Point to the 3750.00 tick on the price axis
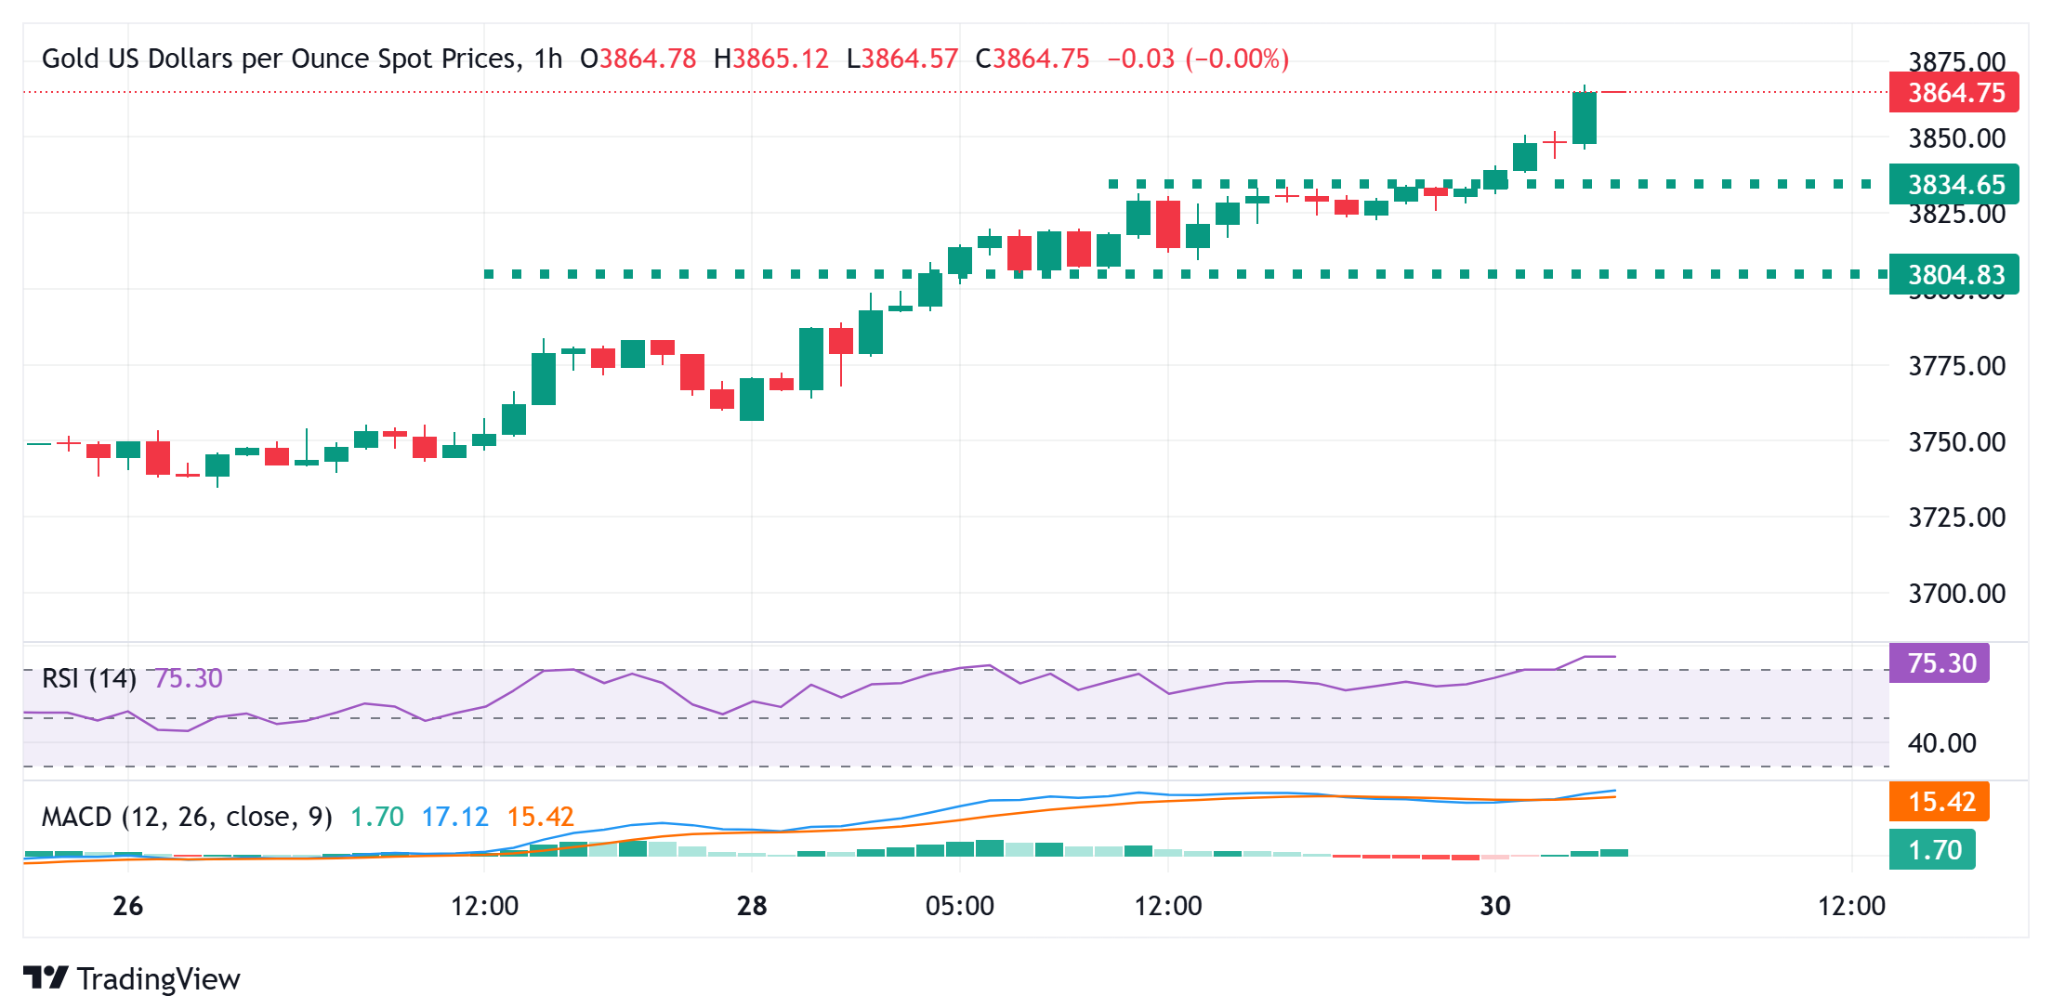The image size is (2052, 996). pyautogui.click(x=1956, y=442)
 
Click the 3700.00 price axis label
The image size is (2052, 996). pyautogui.click(x=1956, y=594)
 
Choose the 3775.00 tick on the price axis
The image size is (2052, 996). pyautogui.click(x=1956, y=366)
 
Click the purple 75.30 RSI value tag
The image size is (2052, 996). pyautogui.click(x=1940, y=663)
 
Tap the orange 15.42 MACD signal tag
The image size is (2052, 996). pyautogui.click(x=1940, y=802)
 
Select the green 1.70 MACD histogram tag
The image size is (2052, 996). pyautogui.click(x=1933, y=850)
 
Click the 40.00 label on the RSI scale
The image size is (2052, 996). pyautogui.click(x=1941, y=743)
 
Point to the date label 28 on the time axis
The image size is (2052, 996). pyautogui.click(x=751, y=906)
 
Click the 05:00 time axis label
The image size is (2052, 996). pyautogui.click(x=959, y=906)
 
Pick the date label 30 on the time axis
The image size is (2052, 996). pyautogui.click(x=1494, y=906)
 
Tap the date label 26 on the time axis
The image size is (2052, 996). pyautogui.click(x=127, y=906)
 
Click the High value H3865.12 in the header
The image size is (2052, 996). pyautogui.click(x=770, y=59)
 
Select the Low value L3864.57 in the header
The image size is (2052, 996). pyautogui.click(x=901, y=59)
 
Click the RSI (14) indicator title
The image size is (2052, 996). pyautogui.click(x=89, y=678)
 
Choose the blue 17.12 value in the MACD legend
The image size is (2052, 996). pyautogui.click(x=454, y=817)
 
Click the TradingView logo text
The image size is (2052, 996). pyautogui.click(x=158, y=979)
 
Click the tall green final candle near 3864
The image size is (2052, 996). pyautogui.click(x=1584, y=118)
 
